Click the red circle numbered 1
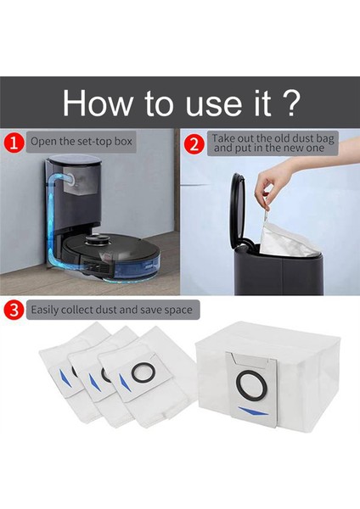[14, 143]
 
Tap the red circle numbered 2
[194, 145]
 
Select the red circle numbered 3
[14, 310]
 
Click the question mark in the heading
[287, 103]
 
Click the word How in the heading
[97, 103]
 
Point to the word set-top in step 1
[94, 142]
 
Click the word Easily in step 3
[44, 310]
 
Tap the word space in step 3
[178, 310]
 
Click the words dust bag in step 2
[312, 138]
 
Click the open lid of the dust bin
[237, 208]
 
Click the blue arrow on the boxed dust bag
[253, 411]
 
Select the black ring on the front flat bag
[143, 373]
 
